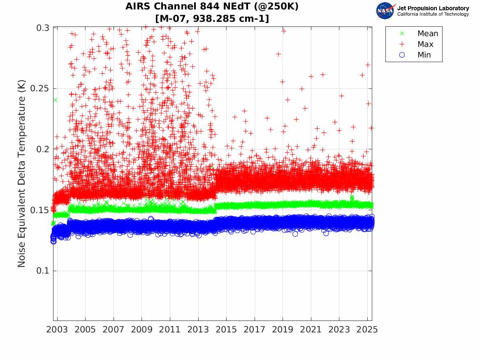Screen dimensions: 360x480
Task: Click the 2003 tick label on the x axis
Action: [57, 330]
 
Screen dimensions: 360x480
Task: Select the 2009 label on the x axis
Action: [141, 330]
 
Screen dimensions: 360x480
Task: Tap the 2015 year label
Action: [226, 330]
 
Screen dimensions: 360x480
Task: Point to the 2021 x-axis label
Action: [311, 330]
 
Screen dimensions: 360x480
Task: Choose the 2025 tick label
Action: [367, 330]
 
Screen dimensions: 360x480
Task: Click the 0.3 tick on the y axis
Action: [42, 28]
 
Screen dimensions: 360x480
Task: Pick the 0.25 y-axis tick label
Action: [40, 88]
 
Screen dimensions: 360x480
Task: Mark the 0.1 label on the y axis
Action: [42, 271]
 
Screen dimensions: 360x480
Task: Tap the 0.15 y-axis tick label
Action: [40, 210]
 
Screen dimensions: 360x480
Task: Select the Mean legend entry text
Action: [428, 34]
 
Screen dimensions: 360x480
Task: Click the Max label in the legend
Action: [425, 44]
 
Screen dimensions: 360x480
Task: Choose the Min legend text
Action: [424, 55]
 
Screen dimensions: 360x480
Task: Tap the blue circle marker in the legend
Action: [402, 55]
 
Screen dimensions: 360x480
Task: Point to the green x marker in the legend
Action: [402, 34]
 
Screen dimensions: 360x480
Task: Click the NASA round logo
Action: [385, 10]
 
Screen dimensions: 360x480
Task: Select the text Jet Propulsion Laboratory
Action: [433, 8]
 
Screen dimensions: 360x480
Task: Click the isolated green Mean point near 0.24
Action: [55, 100]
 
